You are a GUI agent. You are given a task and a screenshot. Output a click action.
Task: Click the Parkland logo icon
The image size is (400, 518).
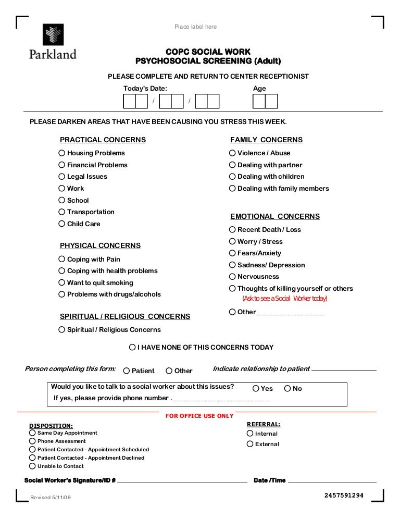click(53, 35)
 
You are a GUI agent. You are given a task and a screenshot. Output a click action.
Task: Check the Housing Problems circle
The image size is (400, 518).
click(62, 153)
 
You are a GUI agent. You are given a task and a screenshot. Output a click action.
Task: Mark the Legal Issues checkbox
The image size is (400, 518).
click(62, 177)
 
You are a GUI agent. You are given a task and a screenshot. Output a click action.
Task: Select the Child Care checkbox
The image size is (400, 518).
click(62, 224)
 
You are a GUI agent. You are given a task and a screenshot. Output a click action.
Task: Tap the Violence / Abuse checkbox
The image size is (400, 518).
click(232, 153)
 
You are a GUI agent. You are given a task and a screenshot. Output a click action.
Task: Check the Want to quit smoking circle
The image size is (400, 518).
click(62, 283)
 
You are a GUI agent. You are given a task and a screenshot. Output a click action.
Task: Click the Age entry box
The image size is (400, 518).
click(265, 101)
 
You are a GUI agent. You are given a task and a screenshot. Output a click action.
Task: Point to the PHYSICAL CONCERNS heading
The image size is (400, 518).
click(100, 245)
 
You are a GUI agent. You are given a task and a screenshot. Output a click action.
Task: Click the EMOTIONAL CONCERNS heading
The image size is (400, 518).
click(275, 216)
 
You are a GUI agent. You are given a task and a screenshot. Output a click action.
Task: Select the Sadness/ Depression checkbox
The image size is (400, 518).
click(232, 265)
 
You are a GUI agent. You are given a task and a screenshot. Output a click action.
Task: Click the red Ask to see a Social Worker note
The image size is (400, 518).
click(284, 299)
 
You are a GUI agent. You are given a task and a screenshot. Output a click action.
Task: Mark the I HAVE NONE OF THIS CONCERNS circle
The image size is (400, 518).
click(132, 348)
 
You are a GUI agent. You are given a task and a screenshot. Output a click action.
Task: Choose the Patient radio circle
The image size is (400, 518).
click(127, 371)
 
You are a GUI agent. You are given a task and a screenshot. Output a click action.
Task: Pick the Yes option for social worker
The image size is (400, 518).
click(256, 389)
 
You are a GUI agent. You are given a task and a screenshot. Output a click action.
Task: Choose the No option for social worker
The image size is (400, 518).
click(287, 389)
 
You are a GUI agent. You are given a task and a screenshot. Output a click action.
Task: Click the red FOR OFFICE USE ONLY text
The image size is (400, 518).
click(199, 416)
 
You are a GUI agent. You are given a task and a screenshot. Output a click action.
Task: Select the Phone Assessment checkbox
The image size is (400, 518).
click(33, 441)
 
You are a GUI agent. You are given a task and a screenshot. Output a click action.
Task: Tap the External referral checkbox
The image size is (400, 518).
click(250, 445)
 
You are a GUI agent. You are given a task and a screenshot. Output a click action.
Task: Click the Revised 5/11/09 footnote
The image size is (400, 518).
click(51, 498)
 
